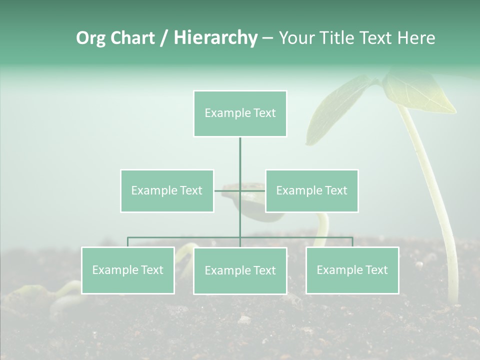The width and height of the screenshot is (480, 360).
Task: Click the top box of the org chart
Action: coord(240,113)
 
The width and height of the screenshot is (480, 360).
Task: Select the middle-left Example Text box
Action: coord(167,190)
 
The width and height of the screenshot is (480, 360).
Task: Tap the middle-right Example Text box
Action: coord(311,190)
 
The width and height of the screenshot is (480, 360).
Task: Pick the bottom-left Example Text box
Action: coord(127,270)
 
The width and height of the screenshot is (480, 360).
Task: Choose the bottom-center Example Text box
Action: coord(240,270)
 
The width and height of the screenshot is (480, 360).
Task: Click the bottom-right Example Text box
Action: coord(352,270)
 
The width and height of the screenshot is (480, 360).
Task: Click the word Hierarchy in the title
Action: coord(215,37)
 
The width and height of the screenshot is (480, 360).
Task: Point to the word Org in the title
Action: coord(91,38)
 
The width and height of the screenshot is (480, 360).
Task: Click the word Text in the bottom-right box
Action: coord(376,270)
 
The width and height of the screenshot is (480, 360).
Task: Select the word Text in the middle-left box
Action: coord(191,190)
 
